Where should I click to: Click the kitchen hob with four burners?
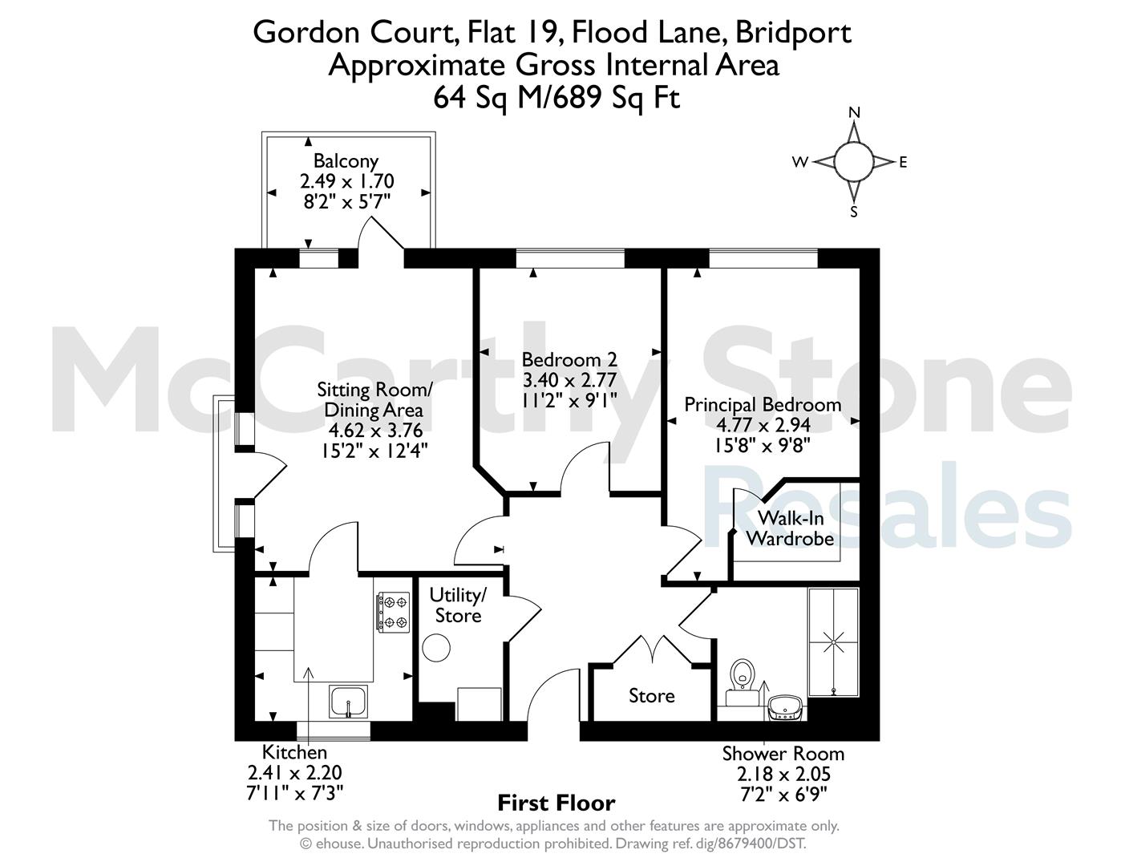coord(394,613)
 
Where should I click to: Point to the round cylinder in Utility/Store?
coord(436,648)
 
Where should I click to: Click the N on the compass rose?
coord(854,112)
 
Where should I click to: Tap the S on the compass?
coord(854,212)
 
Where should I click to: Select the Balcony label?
coord(346,161)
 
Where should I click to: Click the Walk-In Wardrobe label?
coord(790,528)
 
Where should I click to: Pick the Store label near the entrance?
coord(652,696)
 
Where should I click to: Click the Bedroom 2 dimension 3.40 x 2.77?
coord(569,380)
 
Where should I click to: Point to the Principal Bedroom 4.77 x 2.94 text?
coord(763,425)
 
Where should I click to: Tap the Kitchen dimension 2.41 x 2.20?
coord(294,773)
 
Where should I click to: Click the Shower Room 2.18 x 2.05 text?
coord(783,775)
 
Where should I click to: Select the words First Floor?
coord(556,803)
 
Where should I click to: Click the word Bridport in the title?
coord(793,34)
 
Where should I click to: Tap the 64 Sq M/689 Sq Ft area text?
coord(556,98)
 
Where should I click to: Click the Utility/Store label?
coord(458,605)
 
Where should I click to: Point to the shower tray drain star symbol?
coord(834,642)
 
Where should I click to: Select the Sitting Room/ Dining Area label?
coord(374,400)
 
